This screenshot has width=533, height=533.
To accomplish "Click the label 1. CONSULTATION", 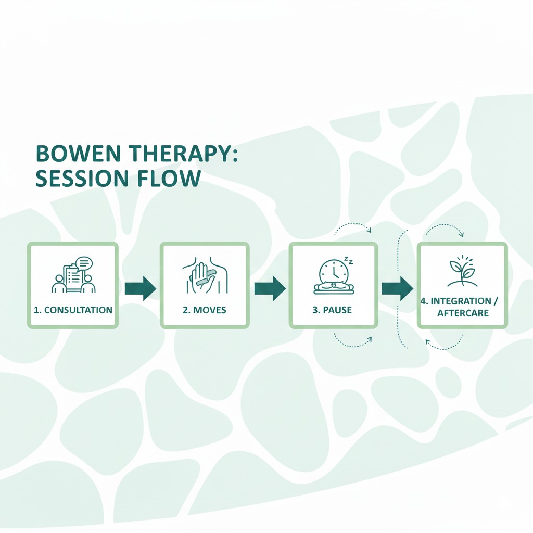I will point(73,310).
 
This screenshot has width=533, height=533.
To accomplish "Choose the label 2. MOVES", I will point(204,310).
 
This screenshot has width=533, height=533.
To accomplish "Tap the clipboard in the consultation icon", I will point(72,276).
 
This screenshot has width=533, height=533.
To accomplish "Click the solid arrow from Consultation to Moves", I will point(140,288).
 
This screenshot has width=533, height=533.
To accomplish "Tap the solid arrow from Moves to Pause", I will point(270,288).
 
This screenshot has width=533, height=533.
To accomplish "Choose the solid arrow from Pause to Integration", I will point(397,288).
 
